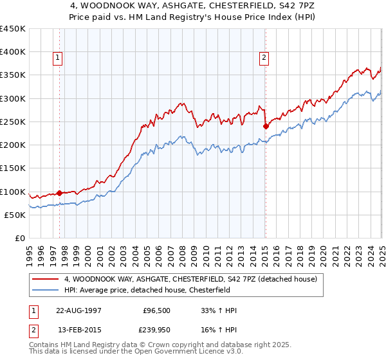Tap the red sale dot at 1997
point(59,193)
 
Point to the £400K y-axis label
point(13,52)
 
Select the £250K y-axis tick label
point(13,122)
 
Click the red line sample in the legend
point(46,280)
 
